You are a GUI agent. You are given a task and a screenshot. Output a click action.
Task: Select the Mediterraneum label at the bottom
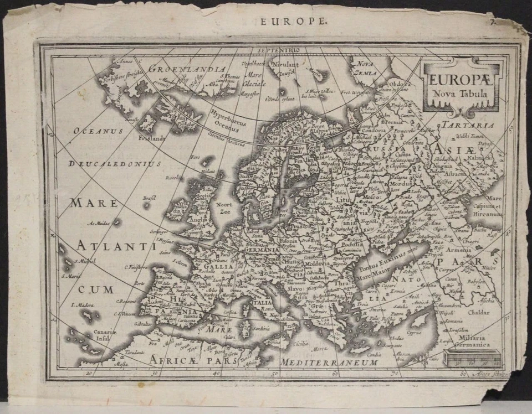tap(329, 363)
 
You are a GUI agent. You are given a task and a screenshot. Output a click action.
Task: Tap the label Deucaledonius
tap(115, 164)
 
